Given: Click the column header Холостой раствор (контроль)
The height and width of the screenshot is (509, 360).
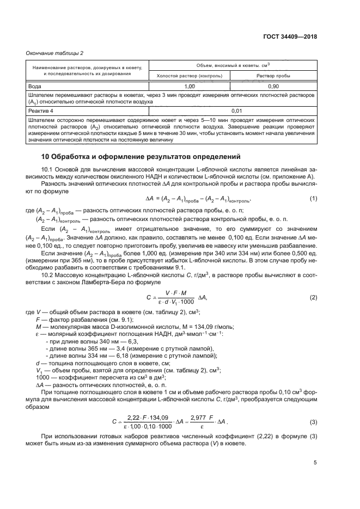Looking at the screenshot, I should [x=189, y=76].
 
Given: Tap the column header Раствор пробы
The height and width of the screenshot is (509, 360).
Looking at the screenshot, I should [x=273, y=76].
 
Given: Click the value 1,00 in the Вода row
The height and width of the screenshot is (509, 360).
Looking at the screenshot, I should [x=189, y=86].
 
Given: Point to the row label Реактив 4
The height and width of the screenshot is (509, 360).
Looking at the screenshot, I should [x=41, y=111].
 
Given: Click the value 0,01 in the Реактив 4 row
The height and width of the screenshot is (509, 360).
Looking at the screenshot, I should [x=231, y=111].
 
